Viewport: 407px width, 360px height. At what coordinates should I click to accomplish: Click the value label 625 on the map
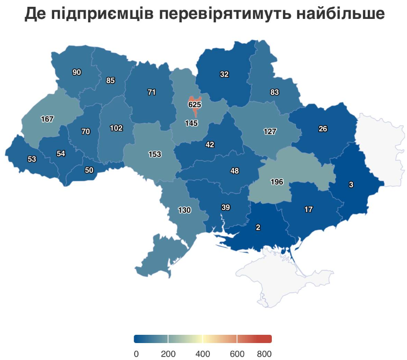coord(195,104)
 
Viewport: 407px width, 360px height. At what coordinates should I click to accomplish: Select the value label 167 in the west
coord(47,119)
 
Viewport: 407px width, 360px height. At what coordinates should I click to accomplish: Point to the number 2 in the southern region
coord(258,227)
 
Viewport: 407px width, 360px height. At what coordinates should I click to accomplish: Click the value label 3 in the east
coord(351,185)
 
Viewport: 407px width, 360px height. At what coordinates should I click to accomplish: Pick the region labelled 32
coord(224,75)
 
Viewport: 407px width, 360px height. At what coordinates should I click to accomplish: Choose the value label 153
coord(155,154)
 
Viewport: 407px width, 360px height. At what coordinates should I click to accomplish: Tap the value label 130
coord(185,210)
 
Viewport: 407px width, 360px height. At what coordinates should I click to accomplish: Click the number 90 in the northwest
coord(77,72)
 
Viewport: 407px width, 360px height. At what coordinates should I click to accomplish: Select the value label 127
coord(270,132)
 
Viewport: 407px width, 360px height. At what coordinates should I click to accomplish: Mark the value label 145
coord(191,124)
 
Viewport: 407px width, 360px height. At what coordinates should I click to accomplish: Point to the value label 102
coord(116,128)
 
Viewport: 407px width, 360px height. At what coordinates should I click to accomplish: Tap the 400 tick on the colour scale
coord(203,353)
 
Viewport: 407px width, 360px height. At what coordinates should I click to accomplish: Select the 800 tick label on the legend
coord(265,353)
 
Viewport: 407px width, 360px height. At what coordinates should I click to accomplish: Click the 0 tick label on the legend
coord(136,353)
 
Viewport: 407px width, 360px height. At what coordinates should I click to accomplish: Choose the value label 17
coord(309,210)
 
